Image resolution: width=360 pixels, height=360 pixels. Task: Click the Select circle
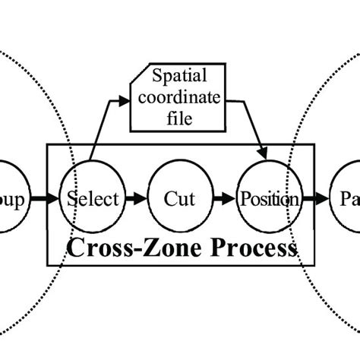93,200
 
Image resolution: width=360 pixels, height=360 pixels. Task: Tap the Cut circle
179,200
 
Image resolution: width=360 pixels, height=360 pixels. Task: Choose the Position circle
268,200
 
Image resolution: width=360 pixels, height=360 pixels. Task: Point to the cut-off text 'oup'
14,201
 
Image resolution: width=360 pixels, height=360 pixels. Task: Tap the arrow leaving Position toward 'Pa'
314,200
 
